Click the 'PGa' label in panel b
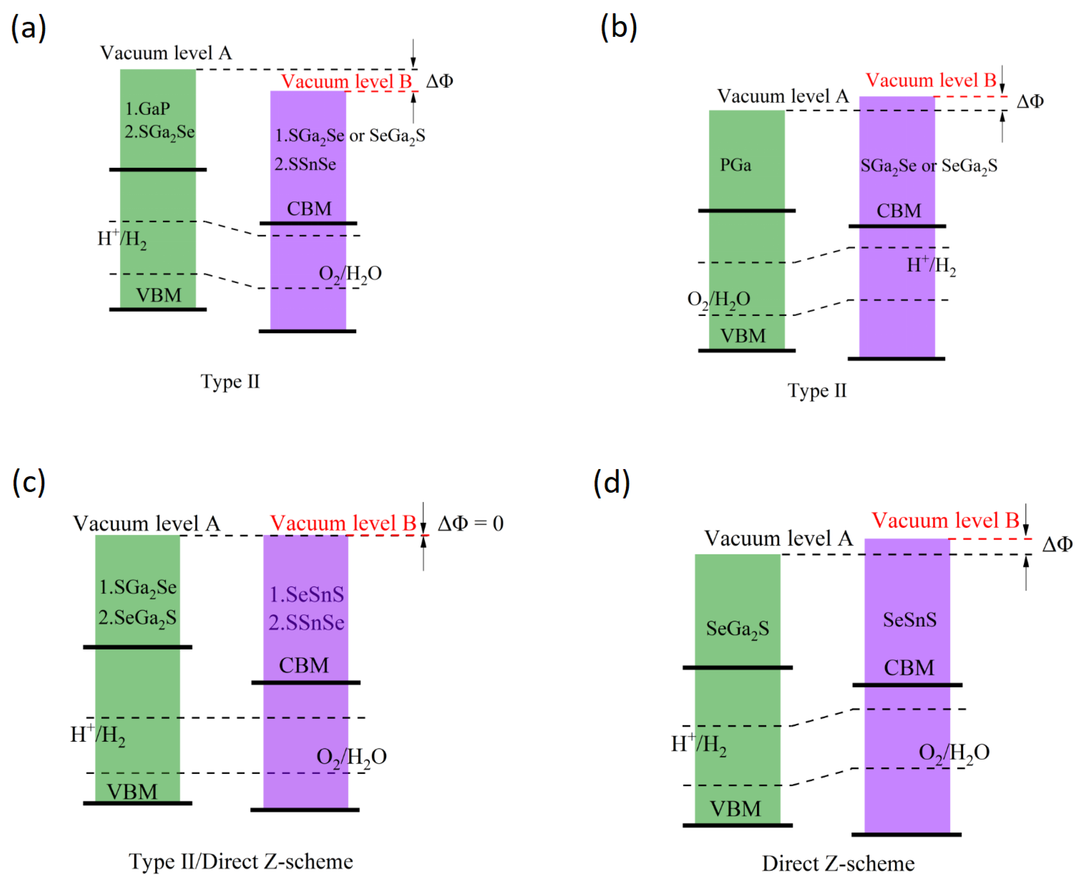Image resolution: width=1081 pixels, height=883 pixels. coord(735,165)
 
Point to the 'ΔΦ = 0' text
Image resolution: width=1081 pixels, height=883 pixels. coord(470,523)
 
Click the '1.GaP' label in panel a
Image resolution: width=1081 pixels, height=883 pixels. coord(147,108)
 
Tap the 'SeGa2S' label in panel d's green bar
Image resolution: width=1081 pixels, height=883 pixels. coord(737,629)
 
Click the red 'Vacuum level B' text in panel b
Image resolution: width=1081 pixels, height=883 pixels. coord(931,80)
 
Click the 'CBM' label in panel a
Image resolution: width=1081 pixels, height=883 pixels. coord(309,208)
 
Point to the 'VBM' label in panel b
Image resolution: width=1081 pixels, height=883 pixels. coord(743,336)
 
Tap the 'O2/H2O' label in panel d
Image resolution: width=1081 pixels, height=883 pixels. coord(954,752)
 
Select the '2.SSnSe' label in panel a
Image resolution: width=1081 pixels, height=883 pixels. coord(305,164)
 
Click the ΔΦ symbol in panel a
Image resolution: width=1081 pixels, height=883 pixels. coord(440,81)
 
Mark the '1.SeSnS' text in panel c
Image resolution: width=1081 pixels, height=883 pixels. coord(306,594)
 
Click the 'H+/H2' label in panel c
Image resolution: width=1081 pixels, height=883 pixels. coord(98,735)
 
